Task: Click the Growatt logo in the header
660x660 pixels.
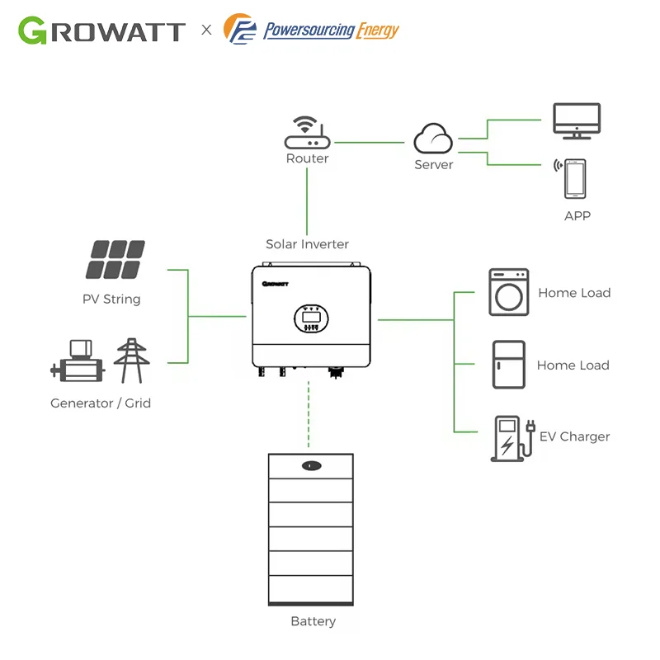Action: pyautogui.click(x=101, y=31)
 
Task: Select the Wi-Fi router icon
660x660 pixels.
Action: pyautogui.click(x=307, y=133)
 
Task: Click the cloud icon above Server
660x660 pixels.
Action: pyautogui.click(x=433, y=139)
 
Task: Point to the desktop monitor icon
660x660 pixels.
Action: pyautogui.click(x=576, y=121)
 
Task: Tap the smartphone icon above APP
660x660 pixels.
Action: pyautogui.click(x=575, y=179)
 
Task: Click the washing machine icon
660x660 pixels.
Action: pyautogui.click(x=508, y=292)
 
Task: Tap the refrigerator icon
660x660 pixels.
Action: pyautogui.click(x=508, y=364)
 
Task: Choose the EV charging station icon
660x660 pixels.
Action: pyautogui.click(x=510, y=437)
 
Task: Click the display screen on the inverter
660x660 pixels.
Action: pyautogui.click(x=310, y=314)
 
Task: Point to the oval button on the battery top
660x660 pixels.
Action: pyautogui.click(x=310, y=465)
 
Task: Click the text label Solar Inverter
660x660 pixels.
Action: pyautogui.click(x=307, y=244)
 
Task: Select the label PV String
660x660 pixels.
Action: pyautogui.click(x=111, y=299)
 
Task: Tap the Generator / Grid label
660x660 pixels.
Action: pyautogui.click(x=101, y=403)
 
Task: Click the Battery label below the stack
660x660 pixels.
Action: pyautogui.click(x=313, y=621)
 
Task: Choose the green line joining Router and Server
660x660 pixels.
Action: pyautogui.click(x=370, y=143)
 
